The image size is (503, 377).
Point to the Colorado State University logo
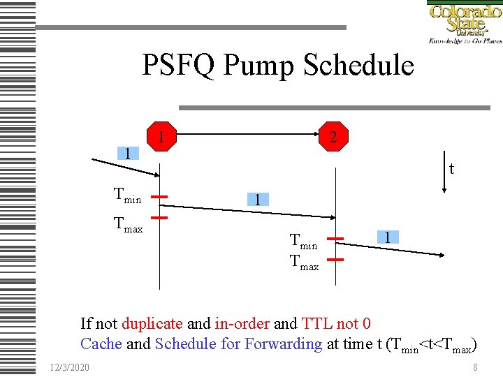coord(464,22)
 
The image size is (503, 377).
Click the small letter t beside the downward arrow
coord(452,168)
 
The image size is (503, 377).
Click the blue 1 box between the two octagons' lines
coord(257,200)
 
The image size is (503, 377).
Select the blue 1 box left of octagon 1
coord(127,154)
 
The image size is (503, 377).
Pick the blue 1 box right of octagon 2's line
coord(387,237)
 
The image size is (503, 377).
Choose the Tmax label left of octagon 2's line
coord(304,266)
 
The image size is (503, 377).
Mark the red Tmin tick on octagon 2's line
coord(335,239)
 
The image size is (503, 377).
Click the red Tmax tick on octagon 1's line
coord(160,218)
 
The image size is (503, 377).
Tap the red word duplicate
coord(152,323)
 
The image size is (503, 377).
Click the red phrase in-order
coord(242,323)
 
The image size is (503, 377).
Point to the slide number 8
coord(475,367)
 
